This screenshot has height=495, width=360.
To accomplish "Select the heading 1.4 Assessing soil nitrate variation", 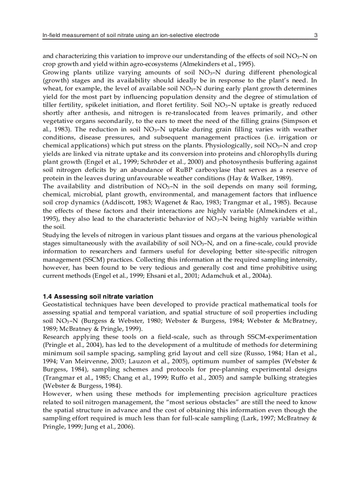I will tap(98, 297).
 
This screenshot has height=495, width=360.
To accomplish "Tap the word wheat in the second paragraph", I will tap(51, 87).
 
